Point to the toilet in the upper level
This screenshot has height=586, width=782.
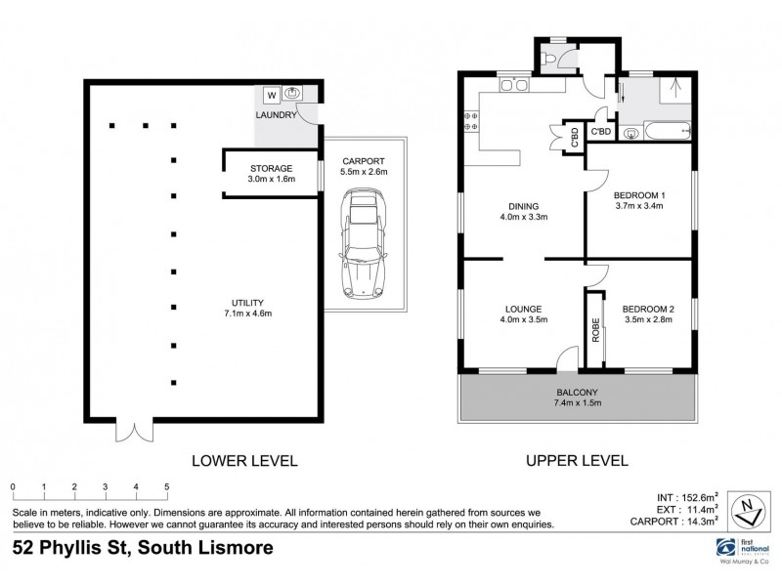[x=553, y=61]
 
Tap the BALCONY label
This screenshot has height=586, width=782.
[x=577, y=394]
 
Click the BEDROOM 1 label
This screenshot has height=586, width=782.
[x=639, y=180]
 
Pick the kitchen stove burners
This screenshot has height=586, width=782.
[x=468, y=122]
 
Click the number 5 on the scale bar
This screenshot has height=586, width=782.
[x=167, y=485]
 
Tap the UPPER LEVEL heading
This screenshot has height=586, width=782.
[x=576, y=460]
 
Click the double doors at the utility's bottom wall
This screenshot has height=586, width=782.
[x=132, y=431]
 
